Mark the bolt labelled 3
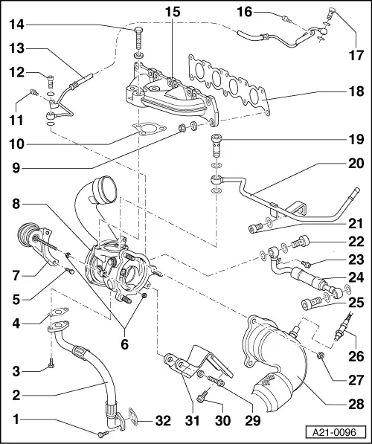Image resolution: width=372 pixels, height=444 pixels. pyautogui.click(x=50, y=364)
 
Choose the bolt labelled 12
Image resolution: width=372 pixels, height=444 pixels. pyautogui.click(x=49, y=82)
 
